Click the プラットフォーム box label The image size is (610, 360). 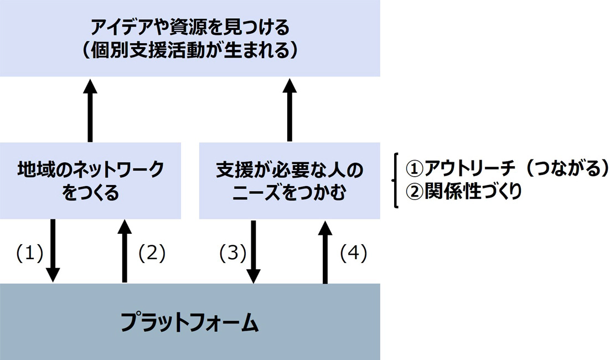point(190,322)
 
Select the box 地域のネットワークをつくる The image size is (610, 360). point(91,180)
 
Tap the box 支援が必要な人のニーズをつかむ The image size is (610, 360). point(290,180)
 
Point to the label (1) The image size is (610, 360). point(29,253)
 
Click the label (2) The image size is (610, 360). point(152,253)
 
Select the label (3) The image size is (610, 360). point(232,253)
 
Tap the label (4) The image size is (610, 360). point(353,253)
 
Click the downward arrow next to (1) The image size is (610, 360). point(53,250)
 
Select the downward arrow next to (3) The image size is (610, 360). point(254,250)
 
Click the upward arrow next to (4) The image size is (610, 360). point(325,250)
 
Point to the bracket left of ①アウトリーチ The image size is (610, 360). point(395,180)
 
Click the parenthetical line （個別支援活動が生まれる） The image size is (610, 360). point(190,51)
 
